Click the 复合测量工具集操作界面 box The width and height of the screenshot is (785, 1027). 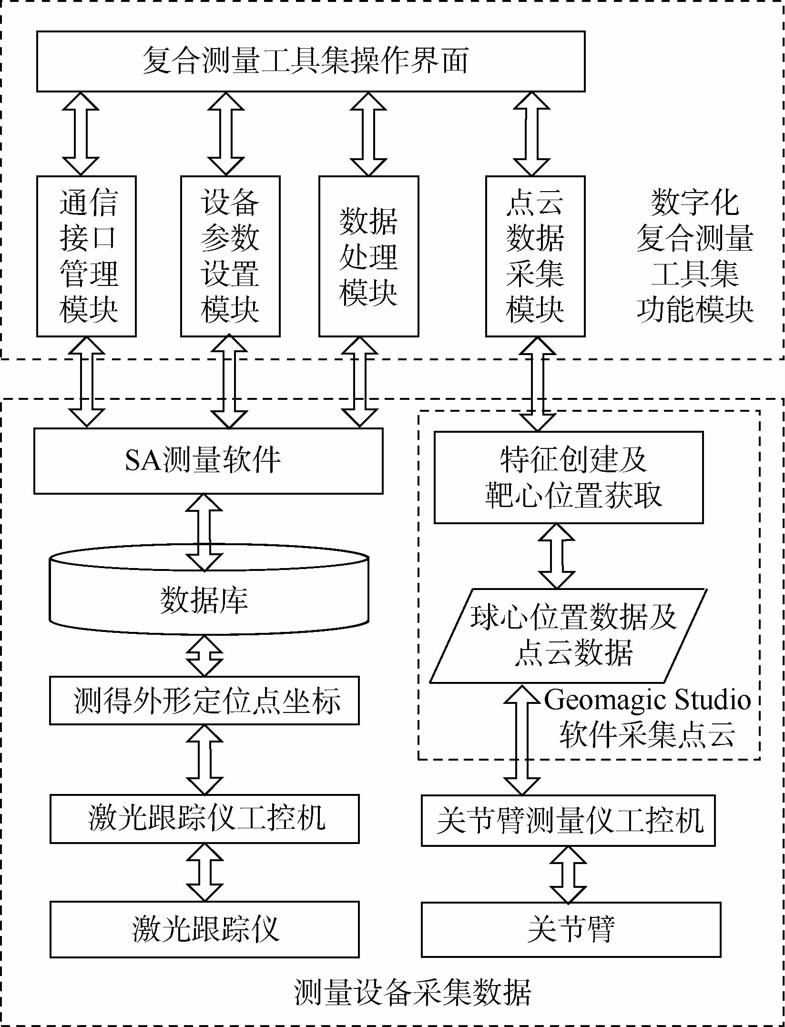(x=311, y=61)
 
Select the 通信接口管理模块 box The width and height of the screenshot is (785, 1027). (x=87, y=256)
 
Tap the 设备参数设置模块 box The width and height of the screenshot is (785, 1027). (x=230, y=256)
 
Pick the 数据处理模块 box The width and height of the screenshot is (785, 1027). (x=368, y=256)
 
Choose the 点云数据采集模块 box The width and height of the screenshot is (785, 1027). (x=535, y=256)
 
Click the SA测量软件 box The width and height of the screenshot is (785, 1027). (x=208, y=461)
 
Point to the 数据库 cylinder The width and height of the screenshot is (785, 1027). (x=208, y=600)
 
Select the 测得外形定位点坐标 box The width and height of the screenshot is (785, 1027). (x=204, y=701)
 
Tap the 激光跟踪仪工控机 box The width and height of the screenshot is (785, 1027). (x=204, y=819)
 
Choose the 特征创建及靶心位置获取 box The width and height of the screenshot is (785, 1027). (x=569, y=478)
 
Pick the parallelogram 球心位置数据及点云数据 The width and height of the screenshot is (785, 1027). (x=569, y=636)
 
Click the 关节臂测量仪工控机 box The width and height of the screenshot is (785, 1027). (x=568, y=821)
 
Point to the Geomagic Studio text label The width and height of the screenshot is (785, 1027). (x=647, y=700)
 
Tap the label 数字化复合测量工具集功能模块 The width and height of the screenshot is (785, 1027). (x=694, y=256)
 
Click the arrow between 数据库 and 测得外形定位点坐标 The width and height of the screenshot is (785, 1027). (x=204, y=656)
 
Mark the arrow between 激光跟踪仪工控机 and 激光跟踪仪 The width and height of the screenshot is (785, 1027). (x=204, y=872)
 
